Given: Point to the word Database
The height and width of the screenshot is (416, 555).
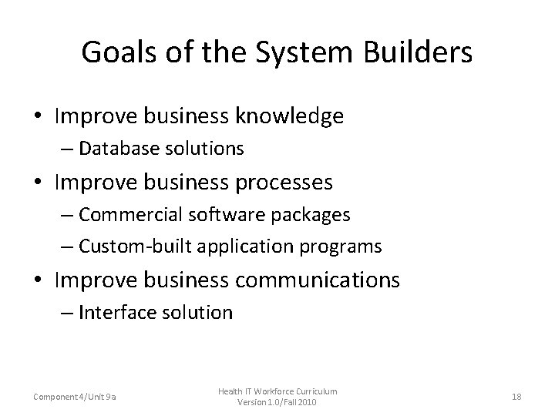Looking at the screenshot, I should [x=114, y=147].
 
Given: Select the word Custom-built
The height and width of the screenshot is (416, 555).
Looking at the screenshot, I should [x=126, y=247].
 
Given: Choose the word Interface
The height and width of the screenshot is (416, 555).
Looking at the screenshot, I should [x=111, y=312].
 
